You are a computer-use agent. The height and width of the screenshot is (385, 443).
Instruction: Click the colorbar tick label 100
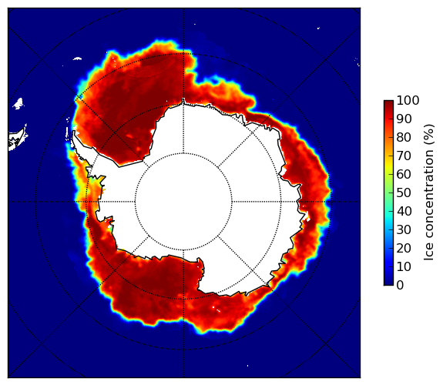408,101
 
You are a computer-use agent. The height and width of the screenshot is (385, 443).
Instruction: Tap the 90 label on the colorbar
404,119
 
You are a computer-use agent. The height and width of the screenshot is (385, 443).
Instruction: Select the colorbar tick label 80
404,138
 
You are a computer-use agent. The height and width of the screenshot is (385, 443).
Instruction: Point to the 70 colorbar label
404,156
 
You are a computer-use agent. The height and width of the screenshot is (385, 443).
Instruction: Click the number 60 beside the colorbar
404,174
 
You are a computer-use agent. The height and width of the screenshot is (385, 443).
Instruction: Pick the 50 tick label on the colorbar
404,193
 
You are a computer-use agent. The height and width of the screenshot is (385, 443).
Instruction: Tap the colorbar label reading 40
404,211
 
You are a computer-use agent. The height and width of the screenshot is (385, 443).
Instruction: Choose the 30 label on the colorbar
404,230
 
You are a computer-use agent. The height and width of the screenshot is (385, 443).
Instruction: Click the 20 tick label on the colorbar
404,248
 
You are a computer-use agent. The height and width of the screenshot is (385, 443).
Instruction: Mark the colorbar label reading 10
404,266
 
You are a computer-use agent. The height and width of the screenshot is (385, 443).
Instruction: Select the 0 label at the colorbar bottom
400,286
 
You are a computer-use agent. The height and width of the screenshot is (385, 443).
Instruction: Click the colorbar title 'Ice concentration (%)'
429,192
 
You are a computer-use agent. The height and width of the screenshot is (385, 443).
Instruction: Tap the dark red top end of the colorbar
388,102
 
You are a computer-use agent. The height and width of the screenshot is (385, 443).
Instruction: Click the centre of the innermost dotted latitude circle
183,202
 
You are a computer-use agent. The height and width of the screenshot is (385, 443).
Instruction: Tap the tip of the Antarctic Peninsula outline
74,131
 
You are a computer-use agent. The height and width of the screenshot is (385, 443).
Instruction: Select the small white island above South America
18,103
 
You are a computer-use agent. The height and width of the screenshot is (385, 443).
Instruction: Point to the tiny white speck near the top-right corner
318,28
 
